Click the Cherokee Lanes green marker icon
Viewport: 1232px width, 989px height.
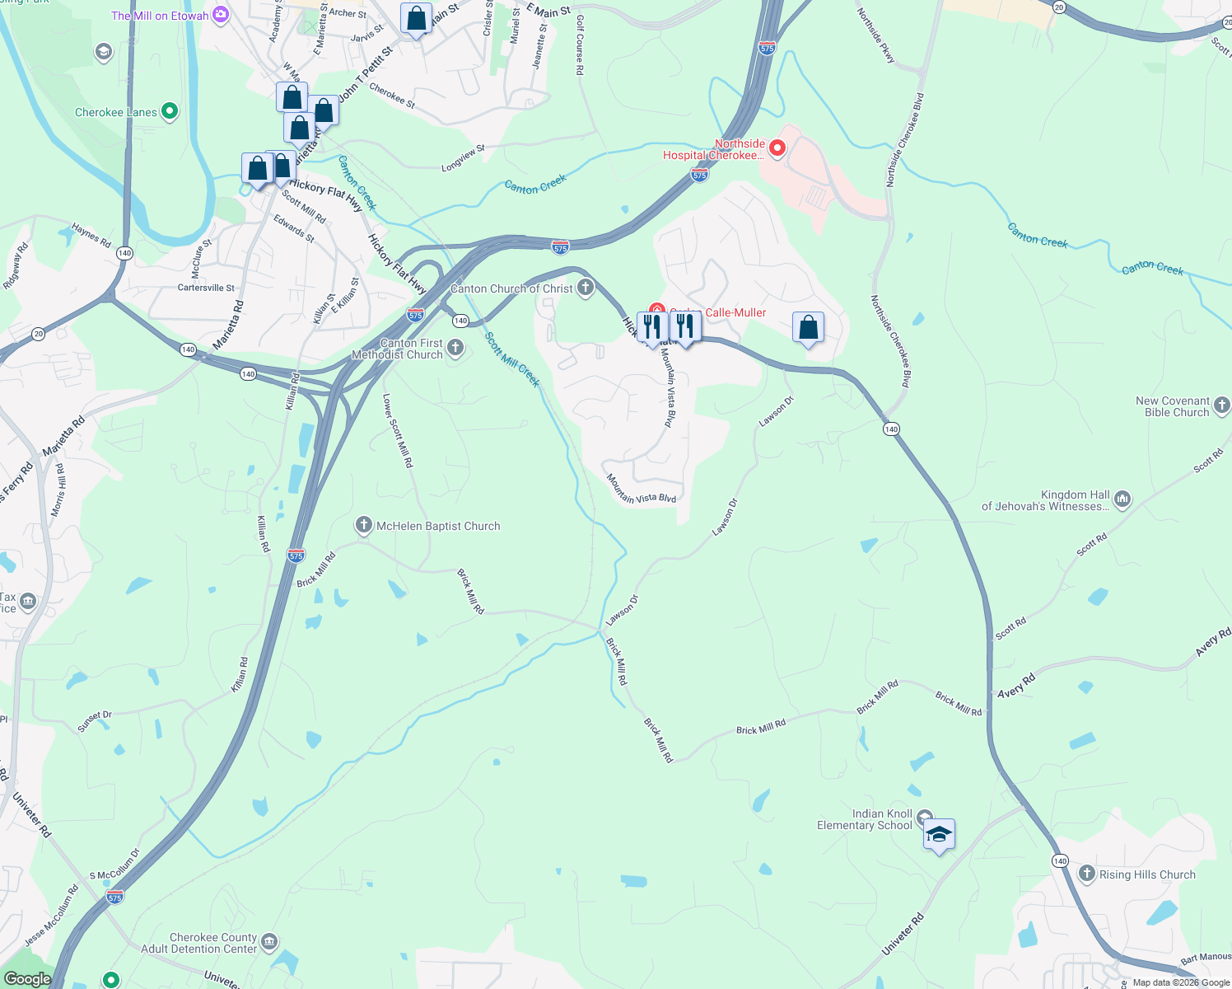[170, 111]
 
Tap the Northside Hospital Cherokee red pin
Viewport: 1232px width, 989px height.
[777, 148]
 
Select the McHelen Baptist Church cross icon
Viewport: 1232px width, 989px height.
[364, 525]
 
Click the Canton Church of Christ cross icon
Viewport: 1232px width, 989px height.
[586, 288]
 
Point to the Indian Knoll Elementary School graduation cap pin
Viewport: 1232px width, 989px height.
[939, 834]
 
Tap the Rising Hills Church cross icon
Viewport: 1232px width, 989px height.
[1087, 874]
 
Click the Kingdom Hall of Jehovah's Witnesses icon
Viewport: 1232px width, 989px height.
[1122, 499]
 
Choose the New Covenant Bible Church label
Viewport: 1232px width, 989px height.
[1173, 406]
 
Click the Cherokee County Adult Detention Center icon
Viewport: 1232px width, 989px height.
[269, 941]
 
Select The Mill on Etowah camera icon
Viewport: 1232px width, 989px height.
[220, 14]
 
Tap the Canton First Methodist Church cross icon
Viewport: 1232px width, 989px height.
[455, 348]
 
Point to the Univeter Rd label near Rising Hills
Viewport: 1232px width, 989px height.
[903, 934]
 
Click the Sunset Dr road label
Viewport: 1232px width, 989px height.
[94, 720]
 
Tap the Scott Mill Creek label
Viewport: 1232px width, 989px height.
[512, 359]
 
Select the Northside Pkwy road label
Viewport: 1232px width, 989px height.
[875, 36]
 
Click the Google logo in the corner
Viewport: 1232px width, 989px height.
[27, 979]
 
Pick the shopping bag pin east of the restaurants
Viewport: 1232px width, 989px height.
[809, 328]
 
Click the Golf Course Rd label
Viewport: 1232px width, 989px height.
[580, 45]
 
